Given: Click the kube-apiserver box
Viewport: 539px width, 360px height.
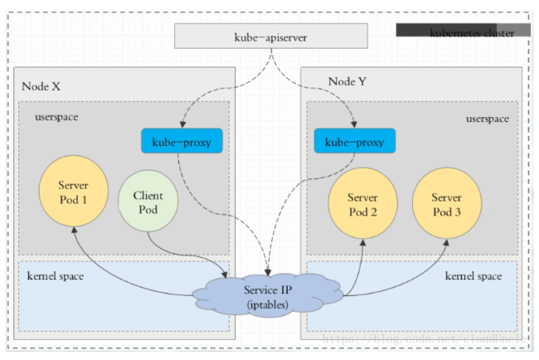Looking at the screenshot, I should [x=270, y=36].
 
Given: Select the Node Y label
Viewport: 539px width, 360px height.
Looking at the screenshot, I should [x=349, y=80].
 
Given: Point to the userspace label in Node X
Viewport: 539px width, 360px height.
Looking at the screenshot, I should [x=57, y=117].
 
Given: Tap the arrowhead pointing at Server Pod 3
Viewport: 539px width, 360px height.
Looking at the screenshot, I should [x=447, y=241].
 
